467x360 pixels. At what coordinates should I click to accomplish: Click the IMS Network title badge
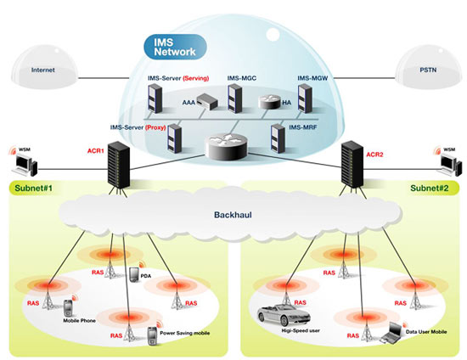[x=175, y=47]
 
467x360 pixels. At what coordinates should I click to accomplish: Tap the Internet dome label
[x=43, y=70]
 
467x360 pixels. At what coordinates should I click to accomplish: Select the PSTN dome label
[x=428, y=70]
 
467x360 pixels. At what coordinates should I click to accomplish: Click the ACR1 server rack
[x=119, y=165]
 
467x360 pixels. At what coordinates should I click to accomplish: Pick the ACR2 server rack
[x=352, y=165]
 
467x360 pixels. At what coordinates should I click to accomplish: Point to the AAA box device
[x=206, y=102]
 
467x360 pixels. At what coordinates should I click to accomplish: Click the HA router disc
[x=269, y=102]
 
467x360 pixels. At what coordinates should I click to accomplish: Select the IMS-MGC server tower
[x=234, y=98]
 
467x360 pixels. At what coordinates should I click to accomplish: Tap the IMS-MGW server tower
[x=305, y=98]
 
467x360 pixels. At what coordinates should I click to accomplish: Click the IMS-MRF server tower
[x=278, y=138]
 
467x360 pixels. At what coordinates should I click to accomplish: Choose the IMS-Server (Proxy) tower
[x=175, y=138]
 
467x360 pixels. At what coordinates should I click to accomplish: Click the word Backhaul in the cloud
[x=233, y=215]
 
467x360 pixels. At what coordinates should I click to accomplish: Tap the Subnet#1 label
[x=34, y=188]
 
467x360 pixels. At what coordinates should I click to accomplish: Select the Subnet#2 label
[x=429, y=188]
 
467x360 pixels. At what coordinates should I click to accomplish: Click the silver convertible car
[x=284, y=314]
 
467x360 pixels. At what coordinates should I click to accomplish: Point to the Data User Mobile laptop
[x=393, y=333]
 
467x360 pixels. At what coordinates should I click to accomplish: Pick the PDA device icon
[x=134, y=274]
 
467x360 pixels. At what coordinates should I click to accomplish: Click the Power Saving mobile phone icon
[x=152, y=336]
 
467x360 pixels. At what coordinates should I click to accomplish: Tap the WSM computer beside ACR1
[x=25, y=166]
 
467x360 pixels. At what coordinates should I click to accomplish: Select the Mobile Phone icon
[x=68, y=309]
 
